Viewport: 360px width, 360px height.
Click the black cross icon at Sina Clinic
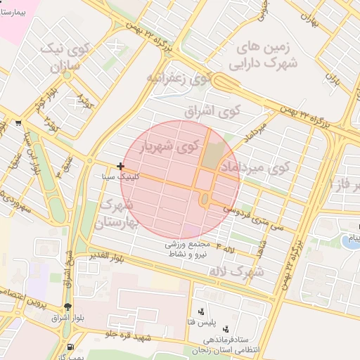tap(121, 167)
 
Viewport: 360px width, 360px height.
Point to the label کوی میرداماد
tap(255, 167)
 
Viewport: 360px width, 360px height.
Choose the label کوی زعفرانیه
tap(179, 78)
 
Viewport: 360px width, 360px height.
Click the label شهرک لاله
tap(238, 270)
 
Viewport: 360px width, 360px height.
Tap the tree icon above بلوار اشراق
tap(67, 307)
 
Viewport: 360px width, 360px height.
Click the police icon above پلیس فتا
tap(202, 310)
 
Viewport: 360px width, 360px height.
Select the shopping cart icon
tap(17, 122)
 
